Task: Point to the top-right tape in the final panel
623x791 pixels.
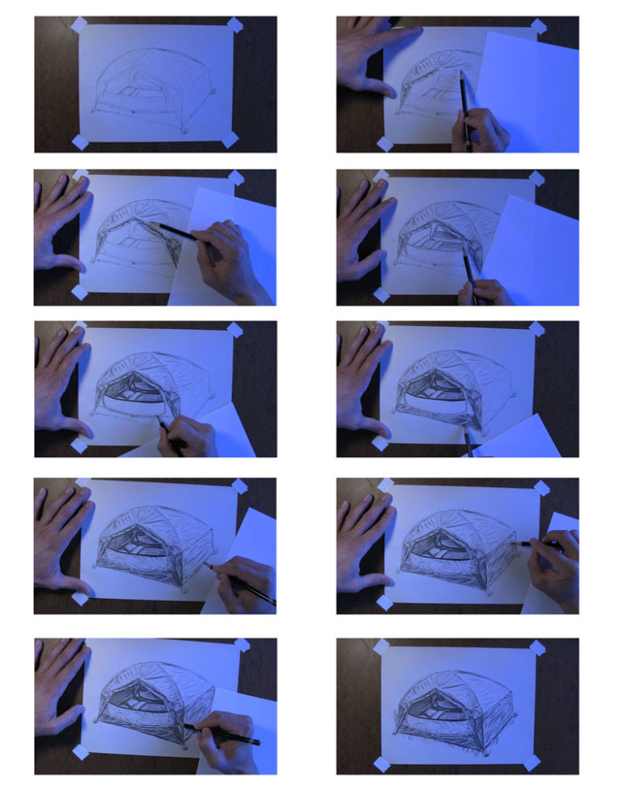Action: [536, 647]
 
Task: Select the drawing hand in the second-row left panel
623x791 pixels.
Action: [227, 259]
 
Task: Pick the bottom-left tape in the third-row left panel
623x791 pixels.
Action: [79, 446]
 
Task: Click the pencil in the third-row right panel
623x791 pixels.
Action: [468, 442]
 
